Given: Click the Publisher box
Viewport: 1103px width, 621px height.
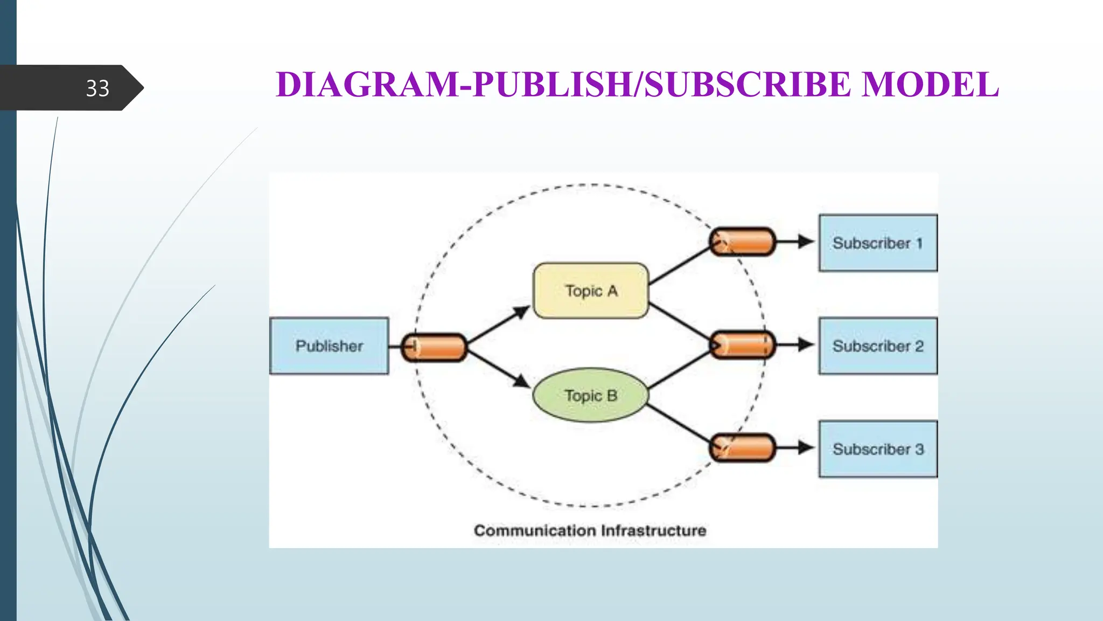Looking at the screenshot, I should pos(329,346).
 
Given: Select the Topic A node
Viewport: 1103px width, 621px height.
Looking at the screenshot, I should pos(591,291).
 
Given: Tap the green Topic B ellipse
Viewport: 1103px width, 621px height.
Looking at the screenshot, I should pos(591,396).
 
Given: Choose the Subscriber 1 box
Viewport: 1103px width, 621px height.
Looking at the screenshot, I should pos(878,243).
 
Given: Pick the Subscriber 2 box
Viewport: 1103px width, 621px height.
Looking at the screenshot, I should pos(878,346).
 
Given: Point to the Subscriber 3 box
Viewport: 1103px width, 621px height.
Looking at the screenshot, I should pos(878,449).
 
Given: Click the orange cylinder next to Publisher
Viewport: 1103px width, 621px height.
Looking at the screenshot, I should pos(434,347).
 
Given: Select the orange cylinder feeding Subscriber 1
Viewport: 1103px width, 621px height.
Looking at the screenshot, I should pos(742,241).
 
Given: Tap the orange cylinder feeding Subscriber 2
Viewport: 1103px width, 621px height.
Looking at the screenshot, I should pos(742,345).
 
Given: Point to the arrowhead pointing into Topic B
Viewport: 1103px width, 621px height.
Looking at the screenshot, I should pos(521,381).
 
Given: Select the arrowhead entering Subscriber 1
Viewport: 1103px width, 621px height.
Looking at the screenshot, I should pos(806,241).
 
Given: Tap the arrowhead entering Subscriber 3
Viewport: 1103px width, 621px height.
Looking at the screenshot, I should pos(806,447).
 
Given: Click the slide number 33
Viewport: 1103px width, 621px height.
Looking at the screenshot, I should pos(97,88).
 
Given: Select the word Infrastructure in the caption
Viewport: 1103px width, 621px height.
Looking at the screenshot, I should pos(653,531).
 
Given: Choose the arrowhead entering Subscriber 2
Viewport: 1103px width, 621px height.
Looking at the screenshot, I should pos(806,344).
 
